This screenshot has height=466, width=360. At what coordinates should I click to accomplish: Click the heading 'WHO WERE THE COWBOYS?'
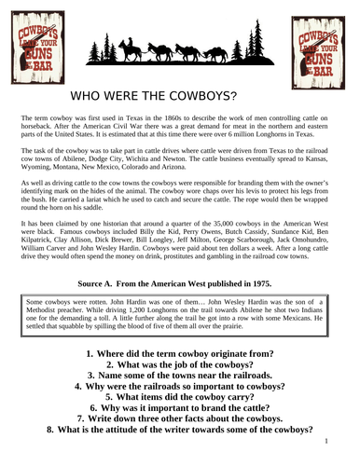pos(180,97)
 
